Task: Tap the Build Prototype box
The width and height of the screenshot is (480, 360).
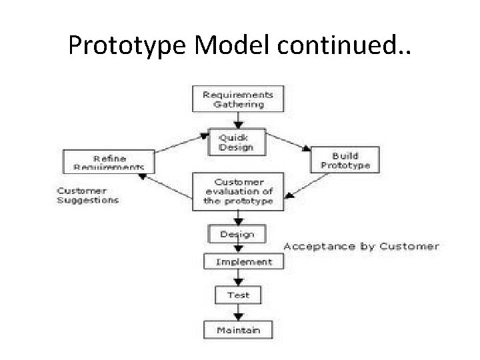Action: point(345,159)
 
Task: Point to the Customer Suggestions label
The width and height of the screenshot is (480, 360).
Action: point(87,195)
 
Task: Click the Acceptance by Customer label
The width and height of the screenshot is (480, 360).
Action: point(361,246)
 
